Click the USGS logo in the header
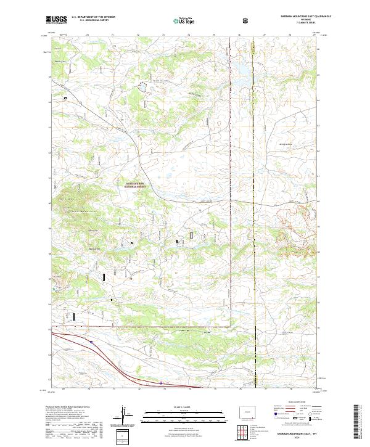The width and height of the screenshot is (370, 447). coord(57,20)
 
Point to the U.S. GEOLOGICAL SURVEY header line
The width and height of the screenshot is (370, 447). coord(86,21)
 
